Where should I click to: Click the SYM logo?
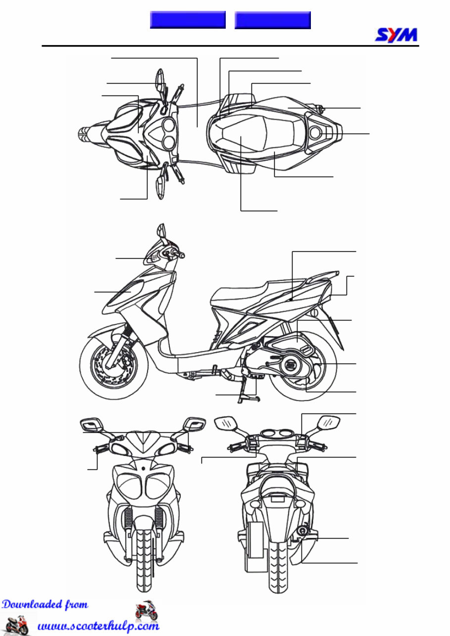pyautogui.click(x=396, y=35)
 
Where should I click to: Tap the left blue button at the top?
pyautogui.click(x=188, y=20)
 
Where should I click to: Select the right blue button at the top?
pyautogui.click(x=272, y=20)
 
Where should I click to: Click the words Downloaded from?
pyautogui.click(x=45, y=604)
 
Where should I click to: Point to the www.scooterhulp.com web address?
pyautogui.click(x=99, y=626)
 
